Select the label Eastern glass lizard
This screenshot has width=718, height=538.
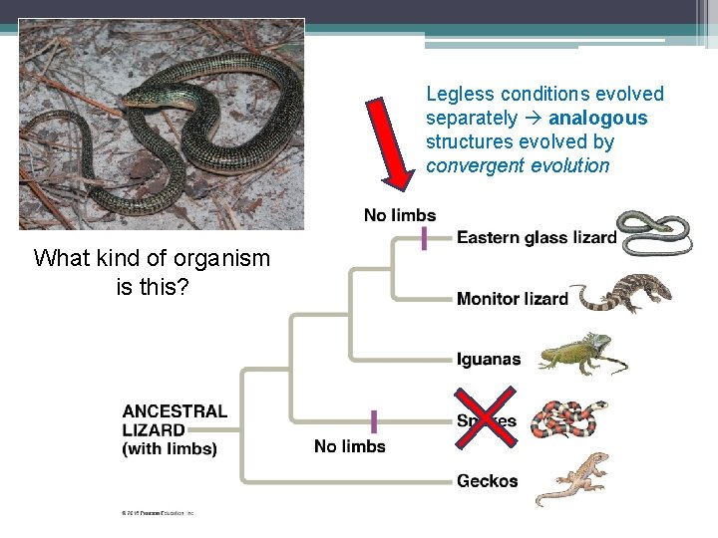tap(536, 238)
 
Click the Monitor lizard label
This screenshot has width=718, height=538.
tap(512, 299)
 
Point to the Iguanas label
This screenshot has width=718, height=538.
tap(488, 360)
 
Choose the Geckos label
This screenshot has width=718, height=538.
tap(487, 481)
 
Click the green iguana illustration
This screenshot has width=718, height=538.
tap(582, 355)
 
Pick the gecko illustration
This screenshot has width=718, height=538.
tap(571, 478)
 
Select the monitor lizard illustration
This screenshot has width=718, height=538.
tap(625, 293)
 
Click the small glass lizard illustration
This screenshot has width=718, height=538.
tap(652, 231)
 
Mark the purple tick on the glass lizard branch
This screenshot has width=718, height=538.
tap(425, 238)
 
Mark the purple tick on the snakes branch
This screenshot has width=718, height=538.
tap(374, 420)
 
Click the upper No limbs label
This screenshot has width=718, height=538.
tap(399, 215)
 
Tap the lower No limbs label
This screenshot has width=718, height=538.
tap(349, 446)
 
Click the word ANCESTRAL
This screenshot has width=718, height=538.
tap(175, 411)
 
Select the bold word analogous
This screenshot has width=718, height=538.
tap(597, 119)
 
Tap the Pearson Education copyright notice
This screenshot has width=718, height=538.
tap(158, 513)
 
